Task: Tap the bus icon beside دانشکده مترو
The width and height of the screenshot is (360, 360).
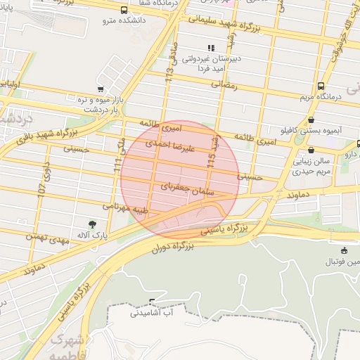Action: tap(124, 11)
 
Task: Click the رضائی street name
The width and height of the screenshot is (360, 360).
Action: tap(225, 84)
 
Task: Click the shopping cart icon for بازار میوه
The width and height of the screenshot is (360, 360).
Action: tap(101, 90)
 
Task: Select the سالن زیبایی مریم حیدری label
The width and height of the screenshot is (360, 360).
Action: tap(311, 166)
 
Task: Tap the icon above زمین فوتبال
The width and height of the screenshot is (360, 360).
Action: tap(343, 251)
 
